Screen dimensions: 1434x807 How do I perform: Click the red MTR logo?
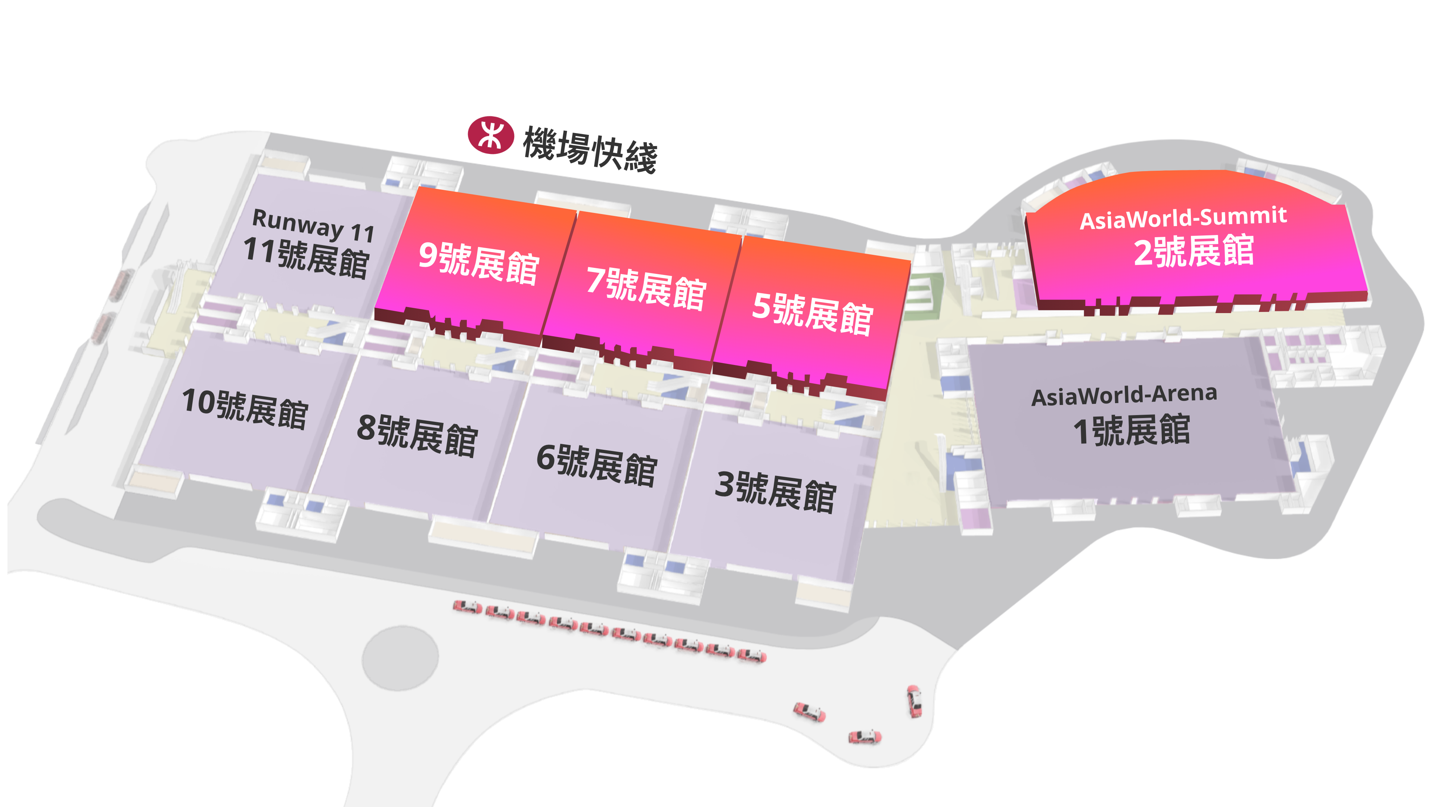(x=490, y=135)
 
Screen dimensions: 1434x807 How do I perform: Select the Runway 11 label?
(x=313, y=225)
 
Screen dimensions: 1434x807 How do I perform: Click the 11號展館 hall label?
(x=306, y=257)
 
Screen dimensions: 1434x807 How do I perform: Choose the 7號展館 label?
(x=646, y=288)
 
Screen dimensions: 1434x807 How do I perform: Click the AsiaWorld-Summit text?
(x=1183, y=218)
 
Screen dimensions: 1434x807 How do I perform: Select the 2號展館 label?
(x=1194, y=251)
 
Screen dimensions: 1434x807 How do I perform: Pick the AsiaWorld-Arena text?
(x=1124, y=395)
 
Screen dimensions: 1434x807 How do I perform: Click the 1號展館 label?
(x=1132, y=430)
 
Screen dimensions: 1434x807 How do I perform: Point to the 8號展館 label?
(x=418, y=436)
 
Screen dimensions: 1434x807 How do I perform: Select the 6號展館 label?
(x=597, y=465)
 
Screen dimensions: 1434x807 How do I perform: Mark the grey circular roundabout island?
(x=400, y=658)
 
